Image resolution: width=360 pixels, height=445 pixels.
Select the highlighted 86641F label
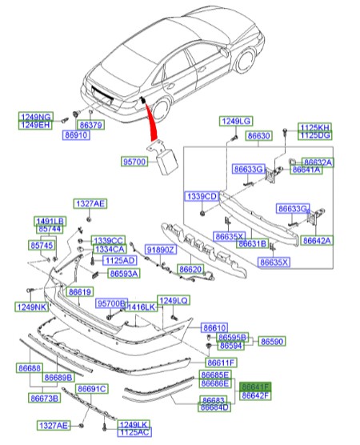[x=257, y=386]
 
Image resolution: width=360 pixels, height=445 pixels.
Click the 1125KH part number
[x=314, y=127]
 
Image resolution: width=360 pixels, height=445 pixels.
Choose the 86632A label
[x=317, y=161]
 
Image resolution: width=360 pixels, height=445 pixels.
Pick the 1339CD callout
[x=200, y=196]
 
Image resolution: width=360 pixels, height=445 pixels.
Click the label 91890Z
[x=160, y=251]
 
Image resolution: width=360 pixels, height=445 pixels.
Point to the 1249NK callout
[x=31, y=306]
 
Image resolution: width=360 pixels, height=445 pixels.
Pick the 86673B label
[x=44, y=398]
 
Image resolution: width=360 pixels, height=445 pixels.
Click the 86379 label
[x=90, y=126]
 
